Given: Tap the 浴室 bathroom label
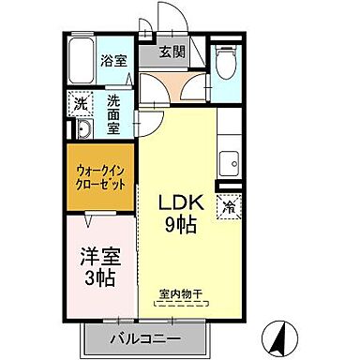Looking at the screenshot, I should pyautogui.click(x=111, y=61).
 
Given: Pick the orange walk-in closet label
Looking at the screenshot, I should pyautogui.click(x=100, y=176).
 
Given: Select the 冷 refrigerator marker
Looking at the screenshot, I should pyautogui.click(x=227, y=205).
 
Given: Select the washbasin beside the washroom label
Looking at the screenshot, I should pyautogui.click(x=82, y=128).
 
